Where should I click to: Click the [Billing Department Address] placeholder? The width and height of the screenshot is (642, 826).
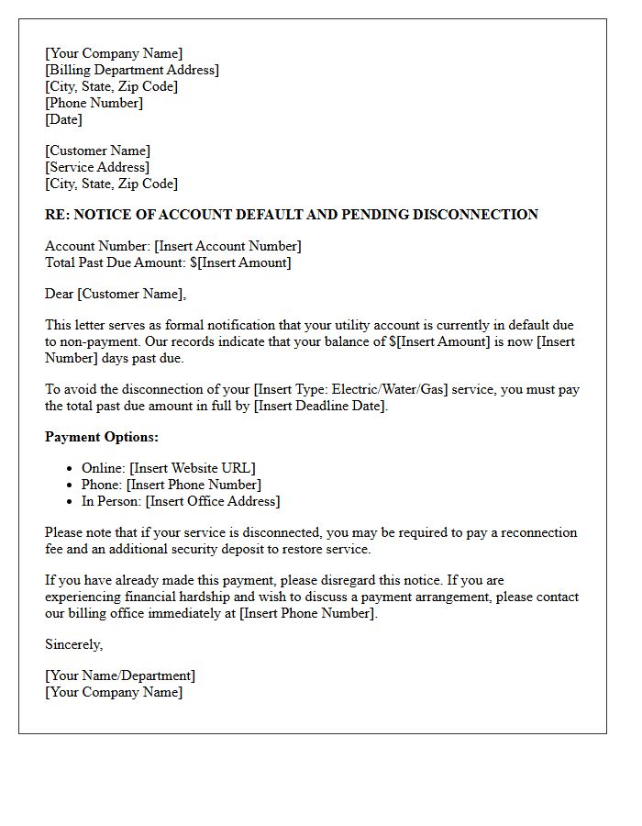click(x=132, y=70)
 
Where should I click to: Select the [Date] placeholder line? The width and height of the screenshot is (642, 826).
click(x=63, y=119)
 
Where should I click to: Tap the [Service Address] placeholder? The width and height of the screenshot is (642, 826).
click(x=97, y=167)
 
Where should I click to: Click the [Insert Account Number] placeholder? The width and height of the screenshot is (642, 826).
click(x=227, y=246)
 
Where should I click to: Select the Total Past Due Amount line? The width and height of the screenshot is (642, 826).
click(x=168, y=262)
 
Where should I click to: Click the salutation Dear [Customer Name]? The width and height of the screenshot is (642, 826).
click(x=115, y=294)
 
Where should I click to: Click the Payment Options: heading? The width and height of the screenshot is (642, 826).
click(x=102, y=437)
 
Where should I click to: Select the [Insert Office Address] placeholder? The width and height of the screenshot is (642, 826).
click(x=213, y=501)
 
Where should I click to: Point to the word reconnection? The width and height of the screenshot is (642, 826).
click(x=536, y=532)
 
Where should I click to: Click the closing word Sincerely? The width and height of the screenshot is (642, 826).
click(x=73, y=644)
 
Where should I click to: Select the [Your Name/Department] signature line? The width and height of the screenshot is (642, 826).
click(x=120, y=675)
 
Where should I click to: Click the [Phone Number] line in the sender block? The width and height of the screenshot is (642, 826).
click(x=94, y=103)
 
